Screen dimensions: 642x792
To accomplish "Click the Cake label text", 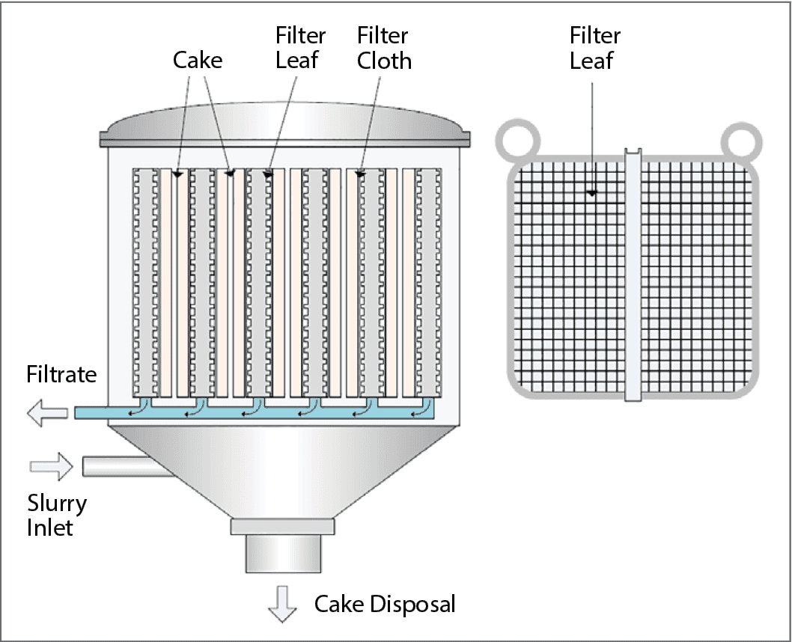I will click(x=198, y=60).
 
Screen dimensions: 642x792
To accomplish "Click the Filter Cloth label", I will click(x=384, y=48).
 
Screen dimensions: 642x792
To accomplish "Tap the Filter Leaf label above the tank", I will click(x=301, y=48).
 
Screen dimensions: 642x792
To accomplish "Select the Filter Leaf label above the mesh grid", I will click(x=595, y=48).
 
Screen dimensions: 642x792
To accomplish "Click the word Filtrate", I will click(x=61, y=374).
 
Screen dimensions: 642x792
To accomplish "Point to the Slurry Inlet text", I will click(x=57, y=515).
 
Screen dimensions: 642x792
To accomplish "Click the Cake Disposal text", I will click(x=384, y=604).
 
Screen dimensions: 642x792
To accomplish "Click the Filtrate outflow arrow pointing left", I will click(x=46, y=412).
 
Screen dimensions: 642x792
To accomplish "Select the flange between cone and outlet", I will click(x=282, y=526).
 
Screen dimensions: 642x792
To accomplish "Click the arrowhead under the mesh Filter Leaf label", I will click(x=592, y=193).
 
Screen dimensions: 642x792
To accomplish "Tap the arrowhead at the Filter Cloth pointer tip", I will click(x=360, y=174).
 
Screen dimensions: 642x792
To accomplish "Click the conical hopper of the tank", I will click(x=282, y=468).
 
